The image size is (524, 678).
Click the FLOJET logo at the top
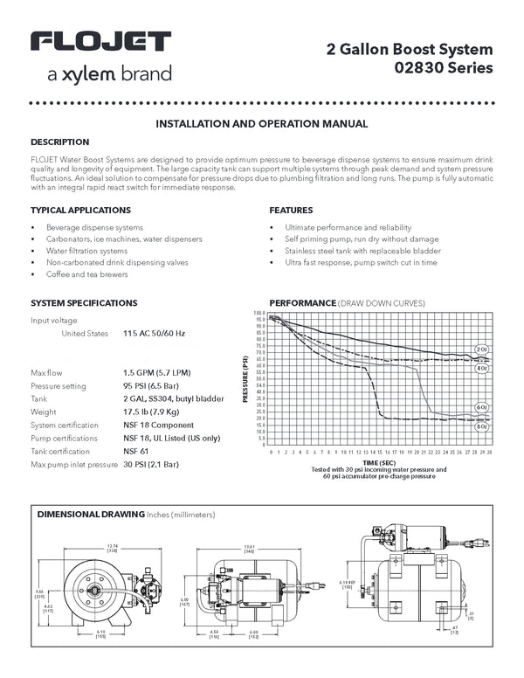click(100, 43)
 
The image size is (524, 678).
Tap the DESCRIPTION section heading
click(59, 142)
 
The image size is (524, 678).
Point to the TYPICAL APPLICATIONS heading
click(80, 211)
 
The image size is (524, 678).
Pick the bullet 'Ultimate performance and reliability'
click(340, 227)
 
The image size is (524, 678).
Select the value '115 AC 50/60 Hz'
click(155, 334)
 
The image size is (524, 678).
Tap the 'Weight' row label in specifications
click(43, 412)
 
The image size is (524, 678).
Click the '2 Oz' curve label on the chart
click(481, 349)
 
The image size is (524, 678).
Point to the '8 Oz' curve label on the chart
click(481, 427)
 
